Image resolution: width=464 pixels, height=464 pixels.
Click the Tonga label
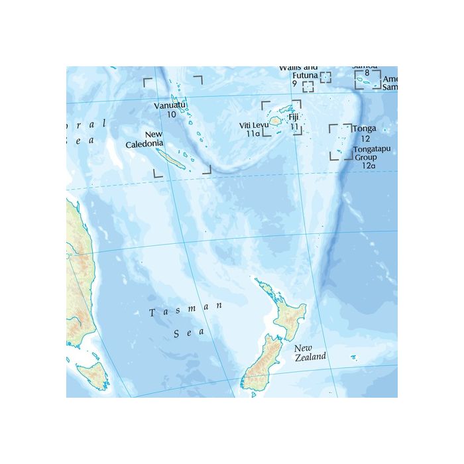click(365, 129)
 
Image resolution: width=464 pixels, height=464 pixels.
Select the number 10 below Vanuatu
click(171, 115)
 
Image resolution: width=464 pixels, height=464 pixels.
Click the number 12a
click(369, 166)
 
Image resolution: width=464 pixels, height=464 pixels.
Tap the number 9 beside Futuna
click(294, 84)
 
